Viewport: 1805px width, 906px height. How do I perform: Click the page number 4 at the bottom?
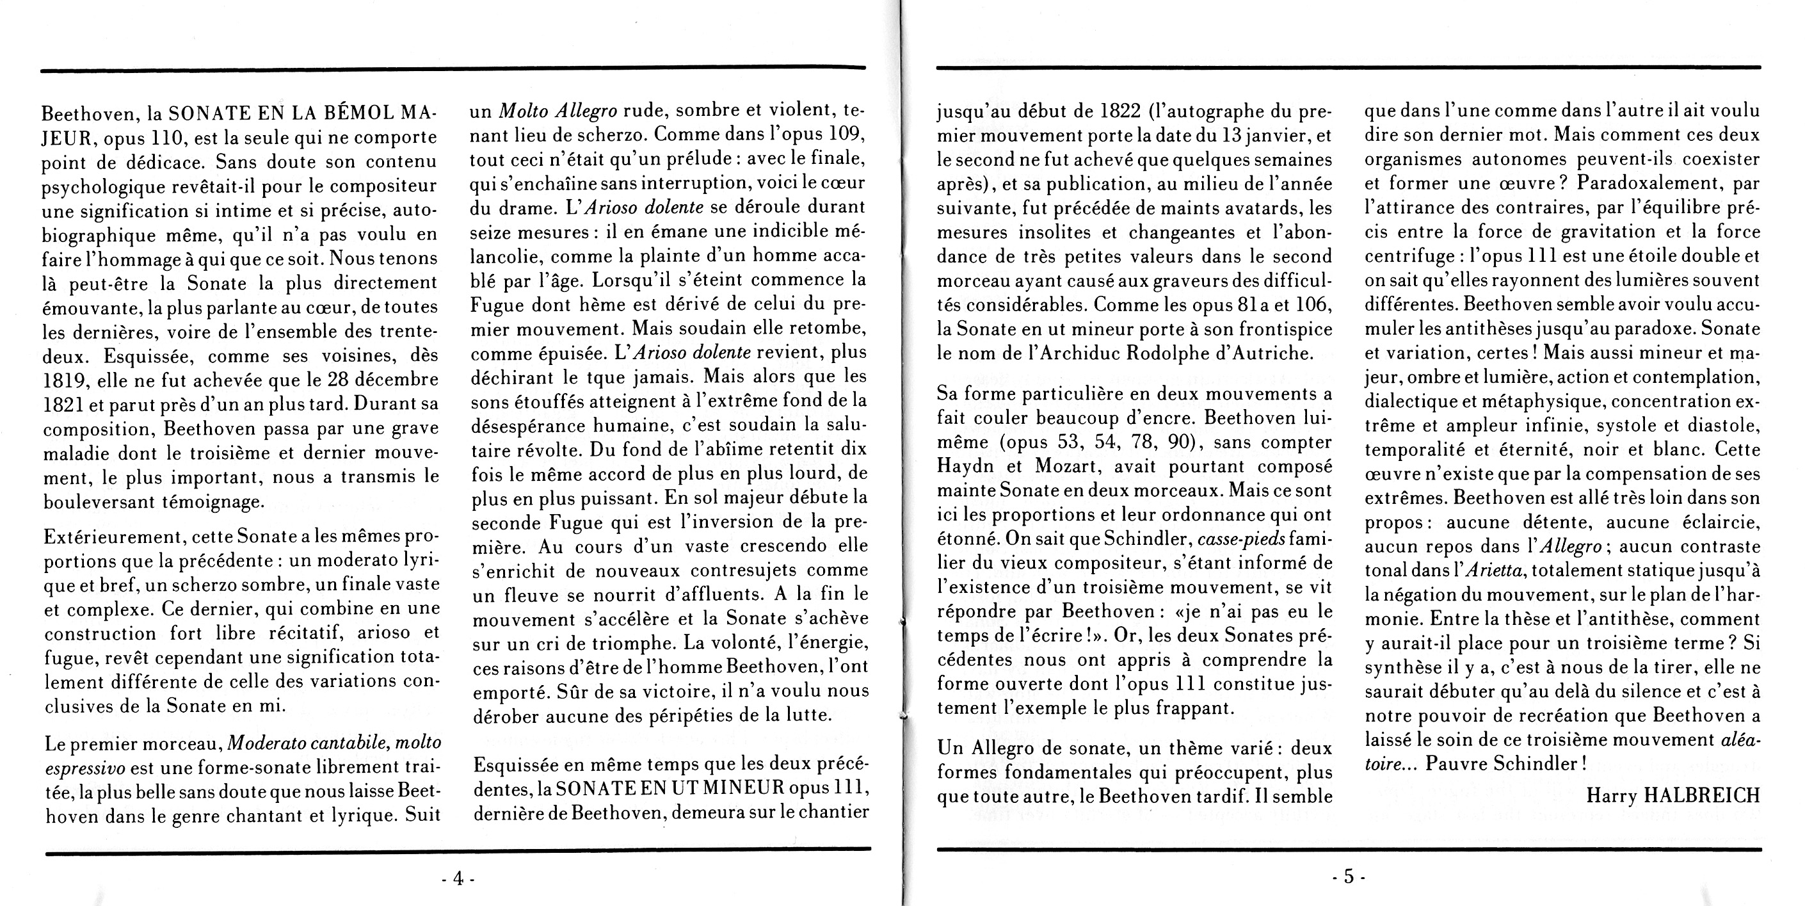458,878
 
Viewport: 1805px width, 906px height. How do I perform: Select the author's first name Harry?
1612,795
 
